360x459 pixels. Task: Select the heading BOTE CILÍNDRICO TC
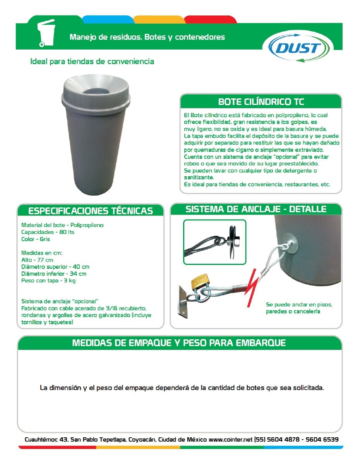tap(261, 102)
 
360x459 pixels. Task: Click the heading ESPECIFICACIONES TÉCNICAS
tap(91, 211)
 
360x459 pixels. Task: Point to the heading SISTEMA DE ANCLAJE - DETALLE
tap(256, 210)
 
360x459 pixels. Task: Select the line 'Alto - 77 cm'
tap(37, 260)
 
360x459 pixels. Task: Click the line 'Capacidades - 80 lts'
tap(48, 232)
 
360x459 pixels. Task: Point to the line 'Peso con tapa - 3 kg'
tap(48, 281)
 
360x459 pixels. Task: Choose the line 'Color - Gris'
tap(36, 239)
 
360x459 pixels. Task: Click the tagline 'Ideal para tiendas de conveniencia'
tap(92, 62)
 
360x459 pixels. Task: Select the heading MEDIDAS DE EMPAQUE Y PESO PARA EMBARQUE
tap(179, 343)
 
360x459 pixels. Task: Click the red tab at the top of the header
tap(210, 19)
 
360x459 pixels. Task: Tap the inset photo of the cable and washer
tap(214, 242)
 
